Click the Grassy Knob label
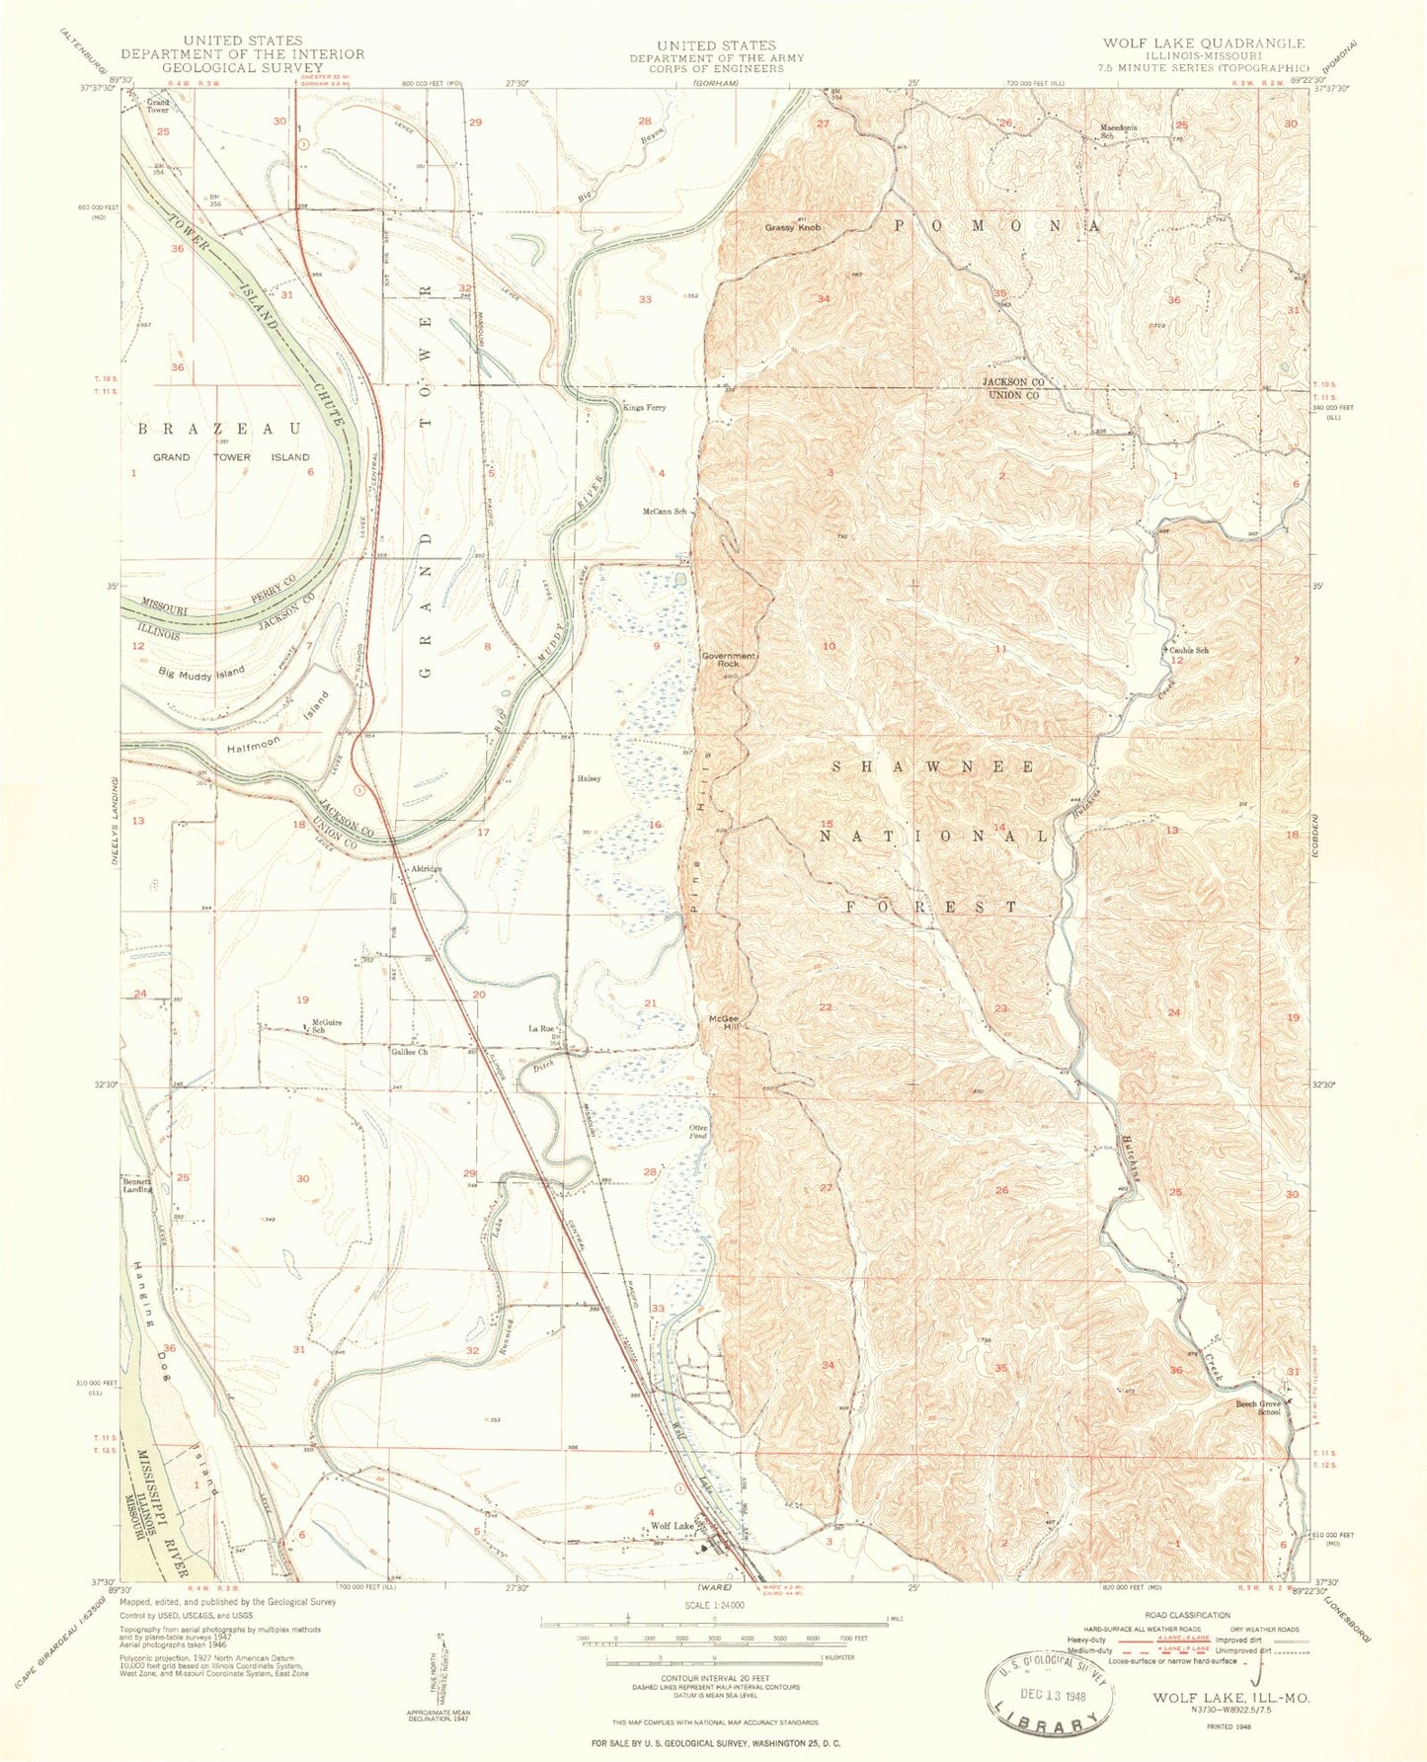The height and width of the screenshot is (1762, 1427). [x=792, y=228]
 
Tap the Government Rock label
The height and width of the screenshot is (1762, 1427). [x=728, y=660]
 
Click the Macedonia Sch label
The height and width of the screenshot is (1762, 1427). [x=1126, y=131]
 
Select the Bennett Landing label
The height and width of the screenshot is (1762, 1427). [x=137, y=1184]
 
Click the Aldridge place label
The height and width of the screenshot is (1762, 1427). [x=426, y=869]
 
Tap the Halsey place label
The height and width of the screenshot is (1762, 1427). [x=591, y=778]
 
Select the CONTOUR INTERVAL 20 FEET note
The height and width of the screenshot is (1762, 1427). [x=714, y=1686]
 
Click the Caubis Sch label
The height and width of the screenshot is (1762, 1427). [x=1189, y=651]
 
